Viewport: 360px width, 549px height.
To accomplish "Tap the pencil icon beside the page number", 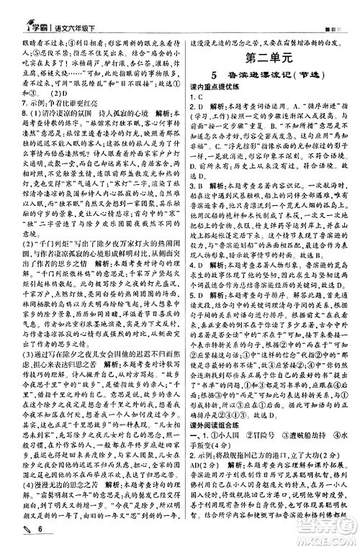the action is click(14, 535).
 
